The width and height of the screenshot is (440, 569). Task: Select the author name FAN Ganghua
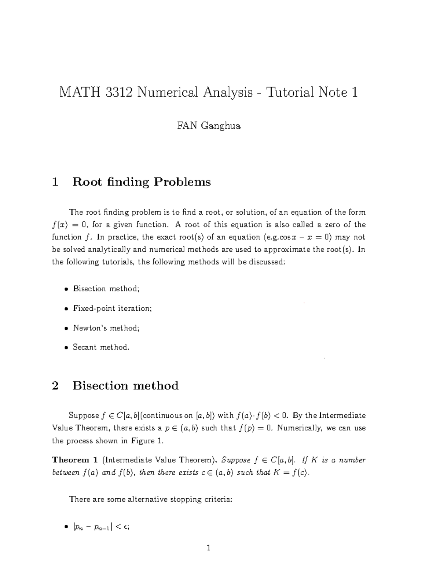click(209, 126)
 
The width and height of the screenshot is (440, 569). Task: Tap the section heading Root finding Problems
click(142, 182)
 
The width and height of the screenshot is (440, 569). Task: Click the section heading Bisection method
click(125, 385)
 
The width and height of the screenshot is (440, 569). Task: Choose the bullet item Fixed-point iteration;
click(112, 308)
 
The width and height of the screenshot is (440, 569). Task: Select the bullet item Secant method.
click(101, 347)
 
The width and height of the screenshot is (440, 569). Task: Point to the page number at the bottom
click(209, 548)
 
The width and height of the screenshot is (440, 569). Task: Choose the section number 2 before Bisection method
click(55, 385)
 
